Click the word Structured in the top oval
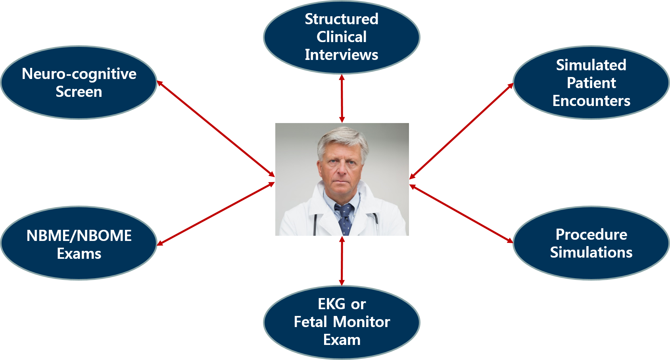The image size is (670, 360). (341, 19)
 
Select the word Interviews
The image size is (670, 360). (341, 55)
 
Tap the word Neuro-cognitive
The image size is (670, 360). (79, 74)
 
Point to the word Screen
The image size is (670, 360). (79, 92)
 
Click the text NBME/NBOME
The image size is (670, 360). (79, 236)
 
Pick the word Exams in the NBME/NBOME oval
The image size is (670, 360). (79, 254)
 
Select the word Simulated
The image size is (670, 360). (591, 65)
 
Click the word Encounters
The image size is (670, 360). (591, 101)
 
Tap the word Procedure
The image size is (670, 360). (591, 235)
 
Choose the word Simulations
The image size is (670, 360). (591, 252)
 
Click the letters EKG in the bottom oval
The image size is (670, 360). (331, 304)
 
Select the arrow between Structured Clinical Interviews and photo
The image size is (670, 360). (342, 98)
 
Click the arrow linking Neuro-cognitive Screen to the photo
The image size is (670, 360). (216, 129)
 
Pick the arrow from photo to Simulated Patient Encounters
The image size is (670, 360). (461, 131)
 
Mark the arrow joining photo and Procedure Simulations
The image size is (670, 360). (461, 214)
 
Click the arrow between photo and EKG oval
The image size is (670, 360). (342, 260)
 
